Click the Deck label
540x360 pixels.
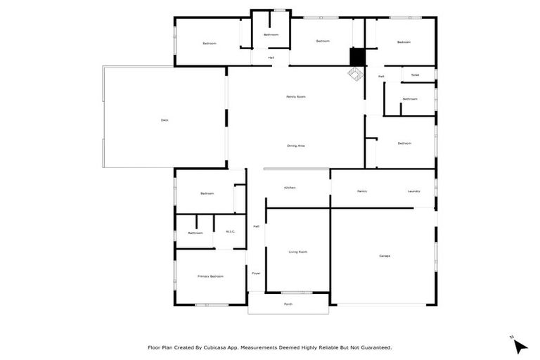165,120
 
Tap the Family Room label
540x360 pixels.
295,96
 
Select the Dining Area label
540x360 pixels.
295,146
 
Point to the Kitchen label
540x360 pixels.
289,188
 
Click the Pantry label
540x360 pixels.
362,191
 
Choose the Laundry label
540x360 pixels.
414,191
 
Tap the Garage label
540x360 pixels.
385,255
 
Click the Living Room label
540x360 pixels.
298,252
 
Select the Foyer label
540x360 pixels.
256,273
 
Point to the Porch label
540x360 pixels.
288,304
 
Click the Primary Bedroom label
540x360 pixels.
210,276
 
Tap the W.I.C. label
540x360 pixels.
230,232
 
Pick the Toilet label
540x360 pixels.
415,75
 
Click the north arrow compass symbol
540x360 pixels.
520,346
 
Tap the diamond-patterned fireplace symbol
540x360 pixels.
354,73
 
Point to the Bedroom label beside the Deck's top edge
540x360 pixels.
210,44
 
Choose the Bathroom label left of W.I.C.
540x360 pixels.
195,233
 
